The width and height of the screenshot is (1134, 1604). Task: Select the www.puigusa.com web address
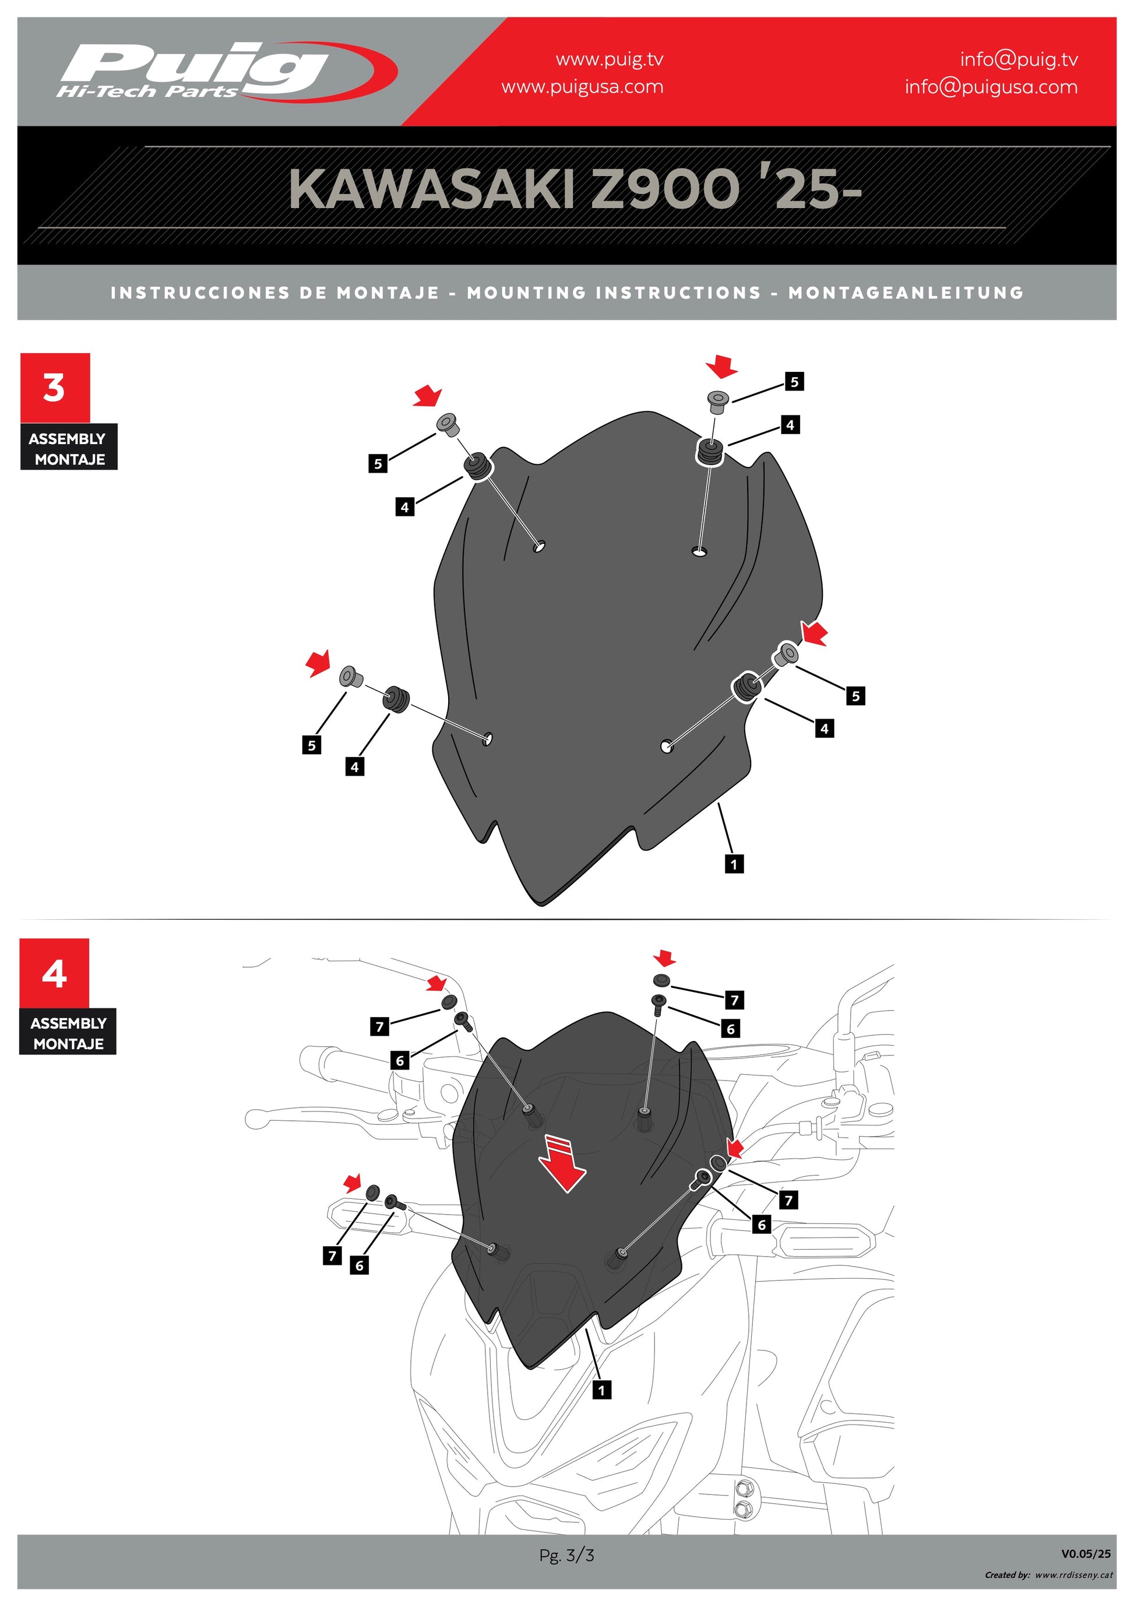pyautogui.click(x=582, y=87)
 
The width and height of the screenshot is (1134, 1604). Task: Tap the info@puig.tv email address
pyautogui.click(x=1019, y=59)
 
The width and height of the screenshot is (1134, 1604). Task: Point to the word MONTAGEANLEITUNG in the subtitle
pyautogui.click(x=906, y=293)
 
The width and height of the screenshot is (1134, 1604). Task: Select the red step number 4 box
pyautogui.click(x=54, y=973)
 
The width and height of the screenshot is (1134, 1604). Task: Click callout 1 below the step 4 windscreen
pyautogui.click(x=601, y=1390)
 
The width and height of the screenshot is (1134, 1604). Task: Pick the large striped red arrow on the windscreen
pyautogui.click(x=564, y=1164)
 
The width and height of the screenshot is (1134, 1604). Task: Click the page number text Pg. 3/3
pyautogui.click(x=566, y=1555)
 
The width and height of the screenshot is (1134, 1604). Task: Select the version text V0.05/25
pyautogui.click(x=1086, y=1554)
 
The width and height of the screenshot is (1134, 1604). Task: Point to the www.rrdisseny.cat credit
pyautogui.click(x=1074, y=1575)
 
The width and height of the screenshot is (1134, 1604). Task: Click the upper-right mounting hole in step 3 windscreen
pyautogui.click(x=699, y=552)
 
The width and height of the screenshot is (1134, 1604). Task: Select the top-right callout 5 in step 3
pyautogui.click(x=794, y=381)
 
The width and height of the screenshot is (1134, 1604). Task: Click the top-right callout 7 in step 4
pyautogui.click(x=734, y=1000)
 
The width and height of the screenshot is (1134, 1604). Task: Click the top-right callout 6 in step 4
pyautogui.click(x=730, y=1028)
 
